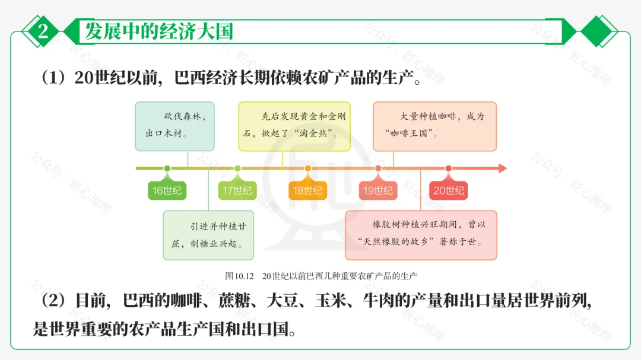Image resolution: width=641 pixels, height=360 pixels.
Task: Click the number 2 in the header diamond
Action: tap(43, 31)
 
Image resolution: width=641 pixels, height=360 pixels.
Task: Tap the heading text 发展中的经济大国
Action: tap(158, 31)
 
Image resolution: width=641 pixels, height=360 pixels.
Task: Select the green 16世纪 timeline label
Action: tap(167, 190)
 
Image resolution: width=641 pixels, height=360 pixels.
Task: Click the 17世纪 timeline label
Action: tap(237, 190)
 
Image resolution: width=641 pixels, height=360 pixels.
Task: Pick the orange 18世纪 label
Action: tap(307, 190)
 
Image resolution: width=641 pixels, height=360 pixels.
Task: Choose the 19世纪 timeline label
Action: tap(378, 190)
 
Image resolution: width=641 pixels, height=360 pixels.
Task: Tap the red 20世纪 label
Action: tap(448, 190)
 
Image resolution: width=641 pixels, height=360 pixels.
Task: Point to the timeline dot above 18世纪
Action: tap(307, 168)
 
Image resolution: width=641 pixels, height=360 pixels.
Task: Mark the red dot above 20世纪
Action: tap(448, 168)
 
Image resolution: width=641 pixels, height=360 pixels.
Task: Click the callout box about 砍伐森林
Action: tap(174, 126)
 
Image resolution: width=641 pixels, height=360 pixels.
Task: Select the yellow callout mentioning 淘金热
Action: tap(294, 126)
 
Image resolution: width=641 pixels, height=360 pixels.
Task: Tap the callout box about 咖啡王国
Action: tap(434, 126)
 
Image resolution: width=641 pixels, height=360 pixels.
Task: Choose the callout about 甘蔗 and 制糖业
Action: tap(208, 235)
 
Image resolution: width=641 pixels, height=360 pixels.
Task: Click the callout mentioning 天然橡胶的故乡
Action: tap(421, 235)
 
